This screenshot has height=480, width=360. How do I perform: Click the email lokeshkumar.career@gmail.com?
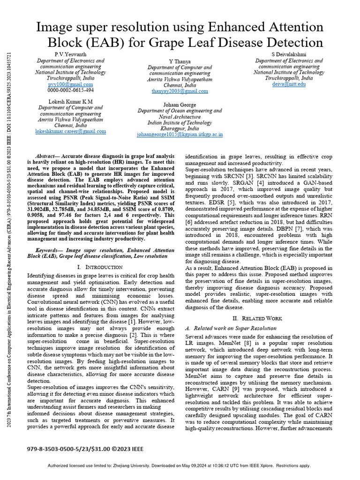point(70,132)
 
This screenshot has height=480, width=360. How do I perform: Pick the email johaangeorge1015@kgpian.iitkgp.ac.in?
point(180,134)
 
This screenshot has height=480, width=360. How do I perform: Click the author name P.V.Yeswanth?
point(71,55)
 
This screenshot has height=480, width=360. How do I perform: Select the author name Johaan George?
point(180,105)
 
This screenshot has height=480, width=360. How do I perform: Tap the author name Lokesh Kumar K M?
point(70,101)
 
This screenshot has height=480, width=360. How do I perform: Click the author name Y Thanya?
point(180,61)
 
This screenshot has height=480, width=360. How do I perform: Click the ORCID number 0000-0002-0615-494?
point(71,90)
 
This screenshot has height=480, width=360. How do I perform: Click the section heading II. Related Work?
point(259,318)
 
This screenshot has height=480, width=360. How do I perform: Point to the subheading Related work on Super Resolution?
point(235,328)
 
